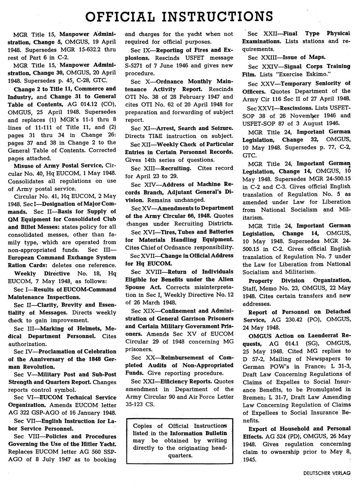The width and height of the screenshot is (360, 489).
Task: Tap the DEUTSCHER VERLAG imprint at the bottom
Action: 327,473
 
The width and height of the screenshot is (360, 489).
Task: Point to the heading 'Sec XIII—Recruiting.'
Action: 161,168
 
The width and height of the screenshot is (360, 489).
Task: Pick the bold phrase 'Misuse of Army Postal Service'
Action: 58,165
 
